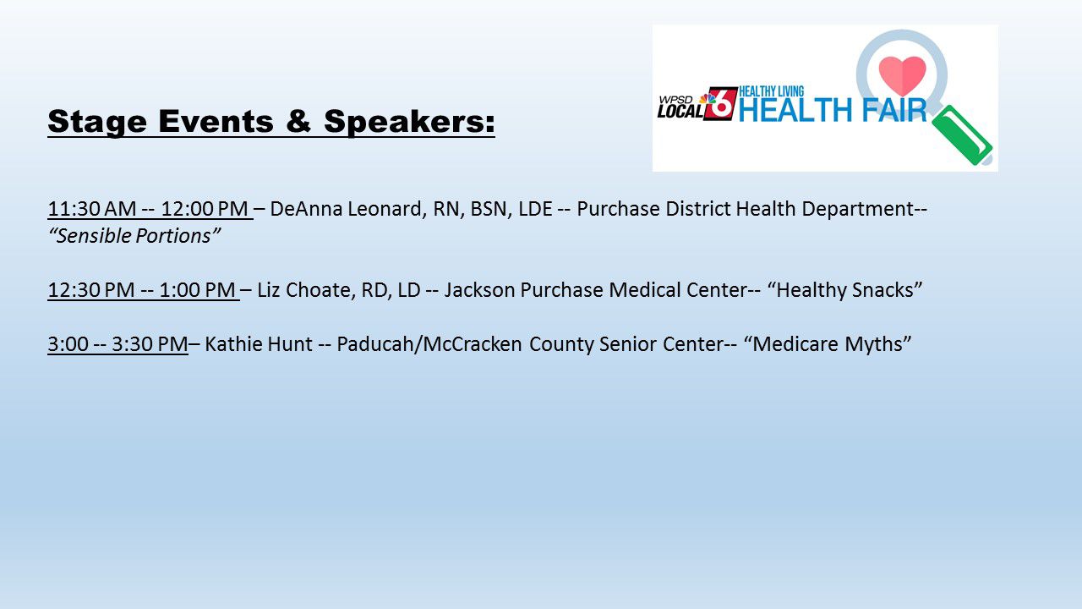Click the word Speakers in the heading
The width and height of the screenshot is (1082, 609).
409,121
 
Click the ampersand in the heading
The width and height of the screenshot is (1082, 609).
298,120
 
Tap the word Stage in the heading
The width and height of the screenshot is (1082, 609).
97,121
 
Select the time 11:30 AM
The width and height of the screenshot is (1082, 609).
92,209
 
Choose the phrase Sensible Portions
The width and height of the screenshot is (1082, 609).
134,236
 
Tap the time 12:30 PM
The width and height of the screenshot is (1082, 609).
91,290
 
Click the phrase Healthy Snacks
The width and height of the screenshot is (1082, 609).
844,290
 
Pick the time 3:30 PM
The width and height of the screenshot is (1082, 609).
150,344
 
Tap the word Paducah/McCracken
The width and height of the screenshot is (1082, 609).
429,344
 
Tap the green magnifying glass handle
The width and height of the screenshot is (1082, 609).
962,135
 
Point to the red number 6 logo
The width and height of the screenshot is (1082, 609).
720,103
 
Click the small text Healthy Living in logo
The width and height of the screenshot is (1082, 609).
772,91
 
